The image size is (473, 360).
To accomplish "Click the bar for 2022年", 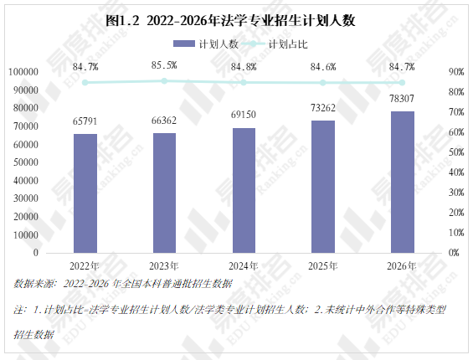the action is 85,193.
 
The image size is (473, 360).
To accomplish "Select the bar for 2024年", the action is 244,190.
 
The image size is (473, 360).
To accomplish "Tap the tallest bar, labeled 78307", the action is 403,182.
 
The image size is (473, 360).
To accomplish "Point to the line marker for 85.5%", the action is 164,81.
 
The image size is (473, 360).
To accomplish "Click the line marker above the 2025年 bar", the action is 323,83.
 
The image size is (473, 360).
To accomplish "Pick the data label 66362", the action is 164,121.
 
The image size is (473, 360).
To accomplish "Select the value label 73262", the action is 323,108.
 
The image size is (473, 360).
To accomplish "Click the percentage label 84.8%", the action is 244,67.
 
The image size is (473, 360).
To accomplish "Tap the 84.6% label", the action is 323,67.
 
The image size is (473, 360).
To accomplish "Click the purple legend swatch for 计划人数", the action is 184,44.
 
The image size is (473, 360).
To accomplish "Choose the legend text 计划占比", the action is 288,44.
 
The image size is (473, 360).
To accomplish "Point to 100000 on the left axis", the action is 23,72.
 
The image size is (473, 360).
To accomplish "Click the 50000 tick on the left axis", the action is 26,162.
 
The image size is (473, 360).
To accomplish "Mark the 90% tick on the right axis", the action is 456,72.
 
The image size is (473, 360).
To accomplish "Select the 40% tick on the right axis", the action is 456,172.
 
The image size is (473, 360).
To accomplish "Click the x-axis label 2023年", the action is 164,266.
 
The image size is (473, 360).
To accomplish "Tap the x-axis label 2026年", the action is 402,266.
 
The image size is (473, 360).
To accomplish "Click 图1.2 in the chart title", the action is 122,21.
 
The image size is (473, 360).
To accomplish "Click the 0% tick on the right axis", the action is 454,253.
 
